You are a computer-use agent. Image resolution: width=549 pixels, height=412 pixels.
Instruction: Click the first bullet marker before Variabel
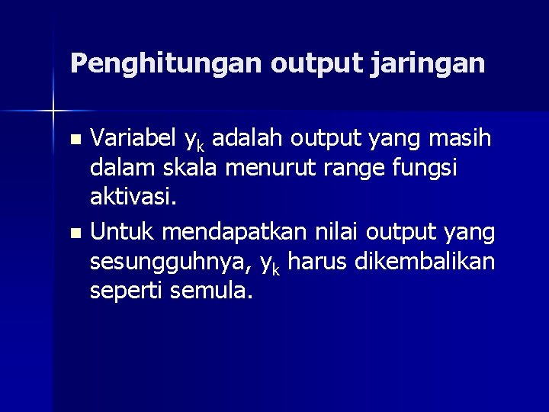click(74, 140)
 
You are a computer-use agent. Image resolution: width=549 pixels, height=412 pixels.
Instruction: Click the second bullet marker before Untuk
click(74, 232)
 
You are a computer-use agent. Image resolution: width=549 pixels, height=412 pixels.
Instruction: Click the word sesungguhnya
click(171, 262)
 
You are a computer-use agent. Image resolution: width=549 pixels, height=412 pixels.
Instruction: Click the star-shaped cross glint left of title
click(53, 111)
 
